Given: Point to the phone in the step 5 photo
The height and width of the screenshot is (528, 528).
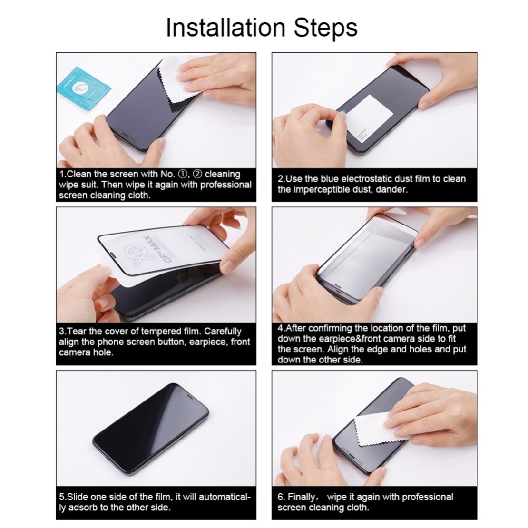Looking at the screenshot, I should coord(151,428).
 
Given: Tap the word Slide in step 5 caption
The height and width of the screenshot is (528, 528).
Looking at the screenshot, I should coord(78,497).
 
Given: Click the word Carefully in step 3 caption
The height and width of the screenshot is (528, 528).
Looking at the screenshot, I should coord(223,331).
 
